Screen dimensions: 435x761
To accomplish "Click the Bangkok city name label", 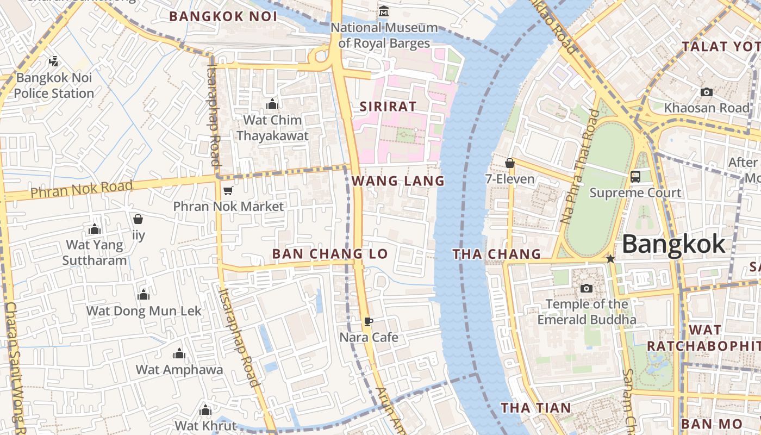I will tap(673, 244).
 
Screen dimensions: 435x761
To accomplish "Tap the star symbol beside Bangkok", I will tap(610, 259).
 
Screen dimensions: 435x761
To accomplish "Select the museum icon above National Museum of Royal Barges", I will tap(384, 11).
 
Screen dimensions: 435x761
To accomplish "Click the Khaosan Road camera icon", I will tap(707, 92).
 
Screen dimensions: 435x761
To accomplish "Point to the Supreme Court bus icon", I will tap(635, 177).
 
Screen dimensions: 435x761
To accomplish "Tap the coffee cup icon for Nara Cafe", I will tap(369, 321).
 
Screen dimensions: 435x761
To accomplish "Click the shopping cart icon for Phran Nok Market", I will tap(228, 190).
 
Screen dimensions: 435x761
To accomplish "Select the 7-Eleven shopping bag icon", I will tap(510, 163).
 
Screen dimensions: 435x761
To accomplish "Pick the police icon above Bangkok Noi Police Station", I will tap(53, 61).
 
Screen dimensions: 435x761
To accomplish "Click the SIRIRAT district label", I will tap(388, 107).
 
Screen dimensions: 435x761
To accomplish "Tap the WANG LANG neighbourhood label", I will tap(398, 181).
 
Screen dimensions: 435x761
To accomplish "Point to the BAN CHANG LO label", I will tap(330, 254).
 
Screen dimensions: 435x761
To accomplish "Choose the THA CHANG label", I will tap(497, 254).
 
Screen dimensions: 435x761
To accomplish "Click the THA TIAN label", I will tap(536, 408).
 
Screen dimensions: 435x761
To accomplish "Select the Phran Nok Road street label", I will tap(82, 189).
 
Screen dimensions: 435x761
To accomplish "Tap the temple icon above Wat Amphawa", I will tap(179, 355).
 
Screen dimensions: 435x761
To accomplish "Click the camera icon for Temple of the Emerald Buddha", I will tap(586, 288).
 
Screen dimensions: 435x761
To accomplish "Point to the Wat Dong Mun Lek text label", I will tap(144, 311).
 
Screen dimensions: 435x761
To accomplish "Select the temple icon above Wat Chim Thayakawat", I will tap(272, 104).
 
